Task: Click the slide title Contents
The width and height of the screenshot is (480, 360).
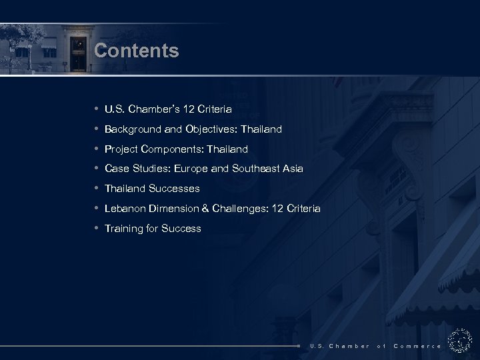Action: point(137,51)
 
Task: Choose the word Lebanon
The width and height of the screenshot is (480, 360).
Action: point(125,209)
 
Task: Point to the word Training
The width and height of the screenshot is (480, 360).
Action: point(125,229)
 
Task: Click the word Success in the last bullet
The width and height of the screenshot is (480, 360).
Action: point(182,229)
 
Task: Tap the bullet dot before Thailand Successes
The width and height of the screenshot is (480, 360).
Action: point(97,189)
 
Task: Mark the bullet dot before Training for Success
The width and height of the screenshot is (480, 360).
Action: point(97,228)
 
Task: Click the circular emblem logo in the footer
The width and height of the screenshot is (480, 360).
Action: point(460,341)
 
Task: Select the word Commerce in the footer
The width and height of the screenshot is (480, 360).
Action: point(417,346)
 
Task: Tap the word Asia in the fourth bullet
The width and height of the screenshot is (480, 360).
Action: point(293,169)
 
